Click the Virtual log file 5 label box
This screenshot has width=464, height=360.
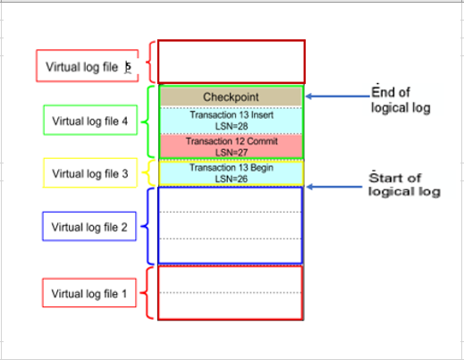tap(88, 66)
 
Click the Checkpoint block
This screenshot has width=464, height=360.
tap(231, 96)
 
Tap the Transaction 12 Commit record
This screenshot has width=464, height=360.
tap(231, 146)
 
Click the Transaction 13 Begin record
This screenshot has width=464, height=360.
tap(231, 172)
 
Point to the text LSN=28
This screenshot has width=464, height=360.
tap(231, 127)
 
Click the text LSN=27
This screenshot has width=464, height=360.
tap(231, 152)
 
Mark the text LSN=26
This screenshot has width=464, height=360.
tap(231, 178)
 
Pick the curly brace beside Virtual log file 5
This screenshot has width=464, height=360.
tap(149, 62)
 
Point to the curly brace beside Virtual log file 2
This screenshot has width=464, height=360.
tap(149, 225)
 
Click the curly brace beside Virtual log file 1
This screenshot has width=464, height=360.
tap(149, 292)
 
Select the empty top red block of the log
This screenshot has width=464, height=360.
tap(231, 62)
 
